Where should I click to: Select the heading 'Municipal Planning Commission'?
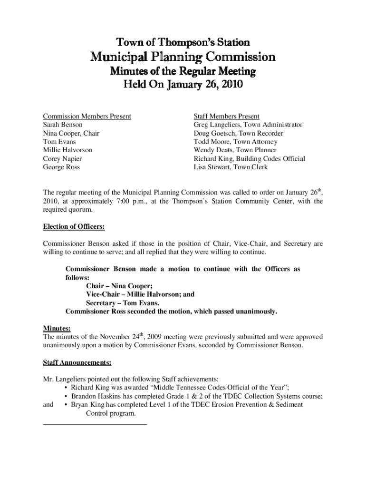pos(183,57)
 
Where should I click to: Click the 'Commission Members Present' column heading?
pos(87,116)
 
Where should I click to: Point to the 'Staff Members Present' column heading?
pos(226,116)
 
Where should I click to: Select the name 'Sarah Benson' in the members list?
pos(63,125)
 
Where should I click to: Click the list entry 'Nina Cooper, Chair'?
pos(71,133)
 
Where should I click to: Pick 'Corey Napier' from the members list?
pos(62,159)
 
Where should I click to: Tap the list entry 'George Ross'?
pos(61,167)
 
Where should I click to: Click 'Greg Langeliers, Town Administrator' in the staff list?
pos(248,125)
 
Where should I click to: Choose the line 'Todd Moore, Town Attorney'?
pos(235,142)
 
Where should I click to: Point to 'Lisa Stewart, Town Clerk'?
pos(231,167)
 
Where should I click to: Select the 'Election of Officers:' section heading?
pos(74,227)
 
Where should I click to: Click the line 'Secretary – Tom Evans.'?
pos(123,303)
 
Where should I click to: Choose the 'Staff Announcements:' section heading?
pos(77,363)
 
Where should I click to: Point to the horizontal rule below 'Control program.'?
pos(95,423)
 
